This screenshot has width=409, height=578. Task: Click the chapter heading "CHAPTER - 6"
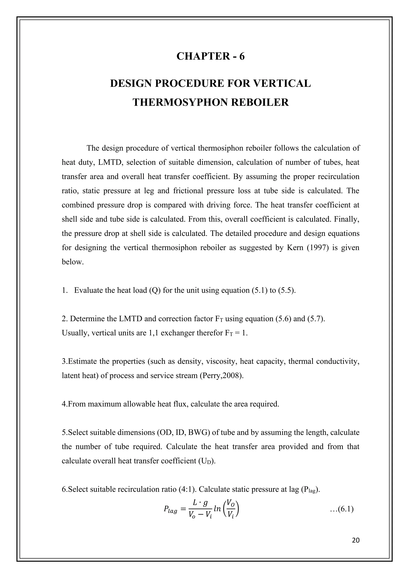(210, 56)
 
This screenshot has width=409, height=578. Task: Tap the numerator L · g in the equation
(200, 503)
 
